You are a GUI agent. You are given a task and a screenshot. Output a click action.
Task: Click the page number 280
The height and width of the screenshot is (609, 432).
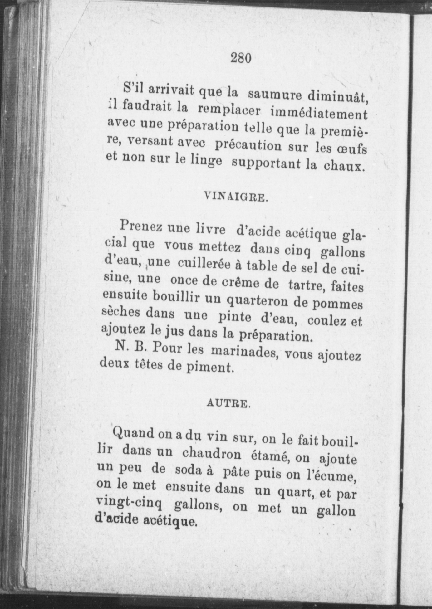(x=241, y=58)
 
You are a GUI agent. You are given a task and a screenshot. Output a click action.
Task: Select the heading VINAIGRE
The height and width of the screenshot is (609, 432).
(x=236, y=197)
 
